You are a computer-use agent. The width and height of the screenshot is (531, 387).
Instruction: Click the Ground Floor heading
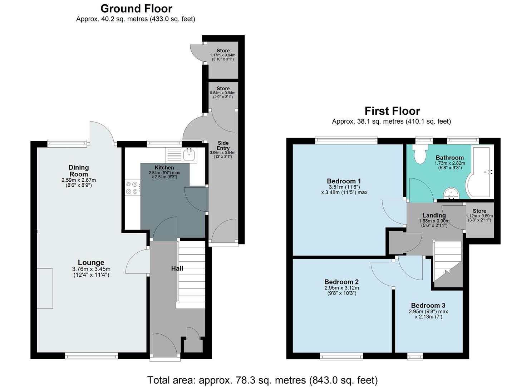pyautogui.click(x=136, y=9)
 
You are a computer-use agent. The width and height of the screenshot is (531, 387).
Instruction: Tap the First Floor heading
pyautogui.click(x=392, y=111)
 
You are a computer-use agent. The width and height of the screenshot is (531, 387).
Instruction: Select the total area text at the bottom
pyautogui.click(x=262, y=380)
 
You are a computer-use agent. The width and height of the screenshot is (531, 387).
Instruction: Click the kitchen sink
pyautogui.click(x=188, y=156)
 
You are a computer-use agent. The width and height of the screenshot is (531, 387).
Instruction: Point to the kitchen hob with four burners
pyautogui.click(x=132, y=188)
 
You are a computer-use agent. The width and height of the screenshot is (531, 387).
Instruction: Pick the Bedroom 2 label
pyautogui.click(x=341, y=282)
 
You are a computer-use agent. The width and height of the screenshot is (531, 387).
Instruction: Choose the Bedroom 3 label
pyautogui.click(x=428, y=305)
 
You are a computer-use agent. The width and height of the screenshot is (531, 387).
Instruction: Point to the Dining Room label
pyautogui.click(x=79, y=171)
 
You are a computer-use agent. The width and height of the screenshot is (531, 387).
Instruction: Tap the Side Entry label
pyautogui.click(x=223, y=145)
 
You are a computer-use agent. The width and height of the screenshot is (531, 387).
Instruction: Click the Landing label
pyautogui.click(x=434, y=215)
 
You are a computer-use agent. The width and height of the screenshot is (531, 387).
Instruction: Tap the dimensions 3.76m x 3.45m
pyautogui.click(x=91, y=269)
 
